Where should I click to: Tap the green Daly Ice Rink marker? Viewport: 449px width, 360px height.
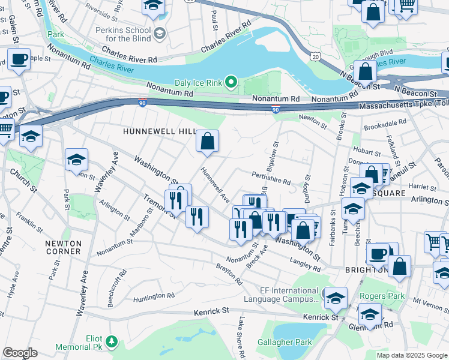point(231,82)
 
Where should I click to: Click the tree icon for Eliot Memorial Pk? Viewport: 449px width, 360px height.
point(111,341)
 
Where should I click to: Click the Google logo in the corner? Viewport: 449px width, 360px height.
point(20,353)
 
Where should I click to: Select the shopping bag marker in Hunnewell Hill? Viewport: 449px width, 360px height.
point(207,142)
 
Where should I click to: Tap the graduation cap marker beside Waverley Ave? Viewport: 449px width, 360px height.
point(76,160)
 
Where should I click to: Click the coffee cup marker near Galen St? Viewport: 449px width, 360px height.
point(19,59)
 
